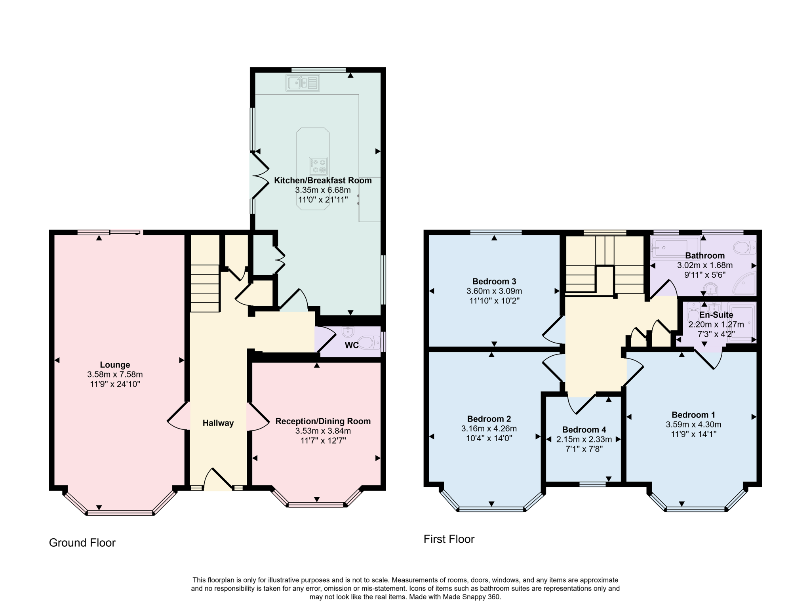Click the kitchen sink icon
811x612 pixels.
(x=303, y=83)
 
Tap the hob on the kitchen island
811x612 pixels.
(x=318, y=166)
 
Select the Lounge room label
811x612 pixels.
(x=115, y=364)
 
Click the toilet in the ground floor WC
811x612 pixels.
(x=369, y=342)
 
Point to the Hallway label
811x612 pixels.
(x=218, y=423)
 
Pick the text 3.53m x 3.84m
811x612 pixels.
(x=323, y=431)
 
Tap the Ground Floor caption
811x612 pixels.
(x=82, y=542)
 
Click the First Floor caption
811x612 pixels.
(x=449, y=539)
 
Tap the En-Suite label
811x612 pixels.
(x=716, y=315)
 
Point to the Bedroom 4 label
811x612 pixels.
(x=584, y=429)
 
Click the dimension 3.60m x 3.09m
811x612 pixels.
(x=494, y=291)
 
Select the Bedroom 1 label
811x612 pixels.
(x=693, y=415)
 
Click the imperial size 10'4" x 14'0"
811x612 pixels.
(x=489, y=438)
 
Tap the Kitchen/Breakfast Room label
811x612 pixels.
(x=323, y=180)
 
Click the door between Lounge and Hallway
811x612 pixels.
(x=178, y=416)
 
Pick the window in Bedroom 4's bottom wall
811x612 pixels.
(x=592, y=484)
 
